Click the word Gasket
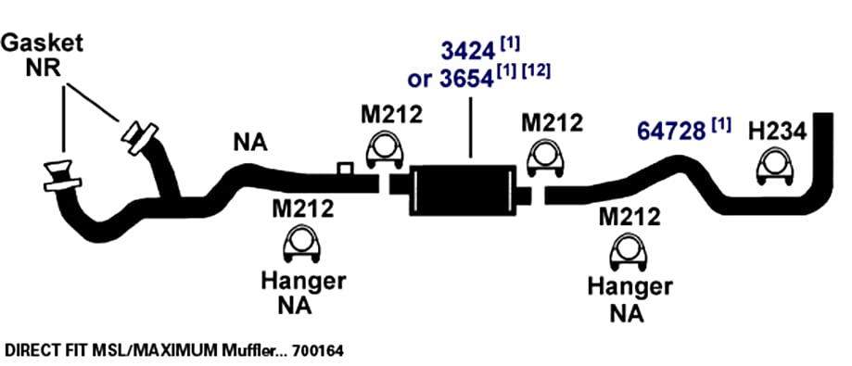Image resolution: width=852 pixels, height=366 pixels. click(42, 44)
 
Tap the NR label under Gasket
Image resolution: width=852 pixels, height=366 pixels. click(43, 69)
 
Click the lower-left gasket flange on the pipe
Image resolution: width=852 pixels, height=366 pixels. click(62, 175)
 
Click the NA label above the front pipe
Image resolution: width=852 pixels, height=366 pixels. click(250, 143)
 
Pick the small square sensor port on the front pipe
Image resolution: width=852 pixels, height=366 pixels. click(345, 169)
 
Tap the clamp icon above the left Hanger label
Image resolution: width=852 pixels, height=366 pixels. click(301, 245)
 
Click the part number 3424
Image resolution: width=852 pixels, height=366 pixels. click(467, 52)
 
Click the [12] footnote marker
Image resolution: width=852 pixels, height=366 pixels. click(536, 72)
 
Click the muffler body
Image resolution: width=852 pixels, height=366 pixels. click(463, 190)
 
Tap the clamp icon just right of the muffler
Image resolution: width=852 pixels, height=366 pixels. click(544, 159)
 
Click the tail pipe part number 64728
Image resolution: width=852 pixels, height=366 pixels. click(671, 132)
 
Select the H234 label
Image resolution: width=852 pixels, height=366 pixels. click(777, 132)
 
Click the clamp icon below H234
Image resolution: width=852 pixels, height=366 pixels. click(775, 166)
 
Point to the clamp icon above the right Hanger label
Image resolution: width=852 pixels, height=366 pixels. click(629, 251)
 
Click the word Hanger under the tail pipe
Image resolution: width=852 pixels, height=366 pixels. click(629, 286)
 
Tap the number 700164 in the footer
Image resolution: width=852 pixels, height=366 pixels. click(318, 351)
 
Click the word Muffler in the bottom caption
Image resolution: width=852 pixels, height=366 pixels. click(247, 351)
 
